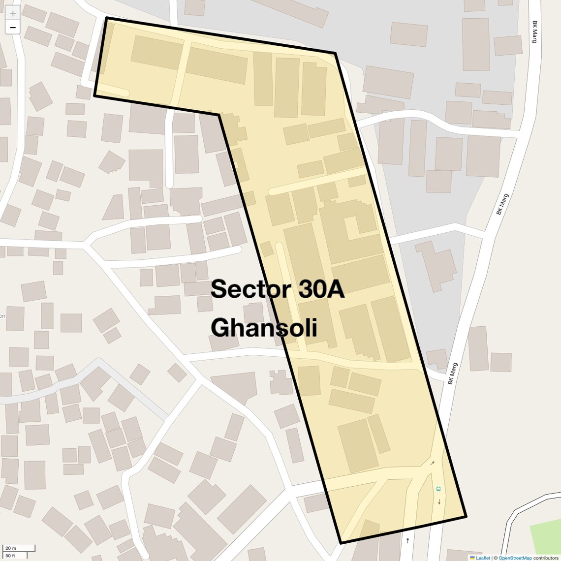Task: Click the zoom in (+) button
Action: click(13, 13)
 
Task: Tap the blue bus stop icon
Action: click(438, 489)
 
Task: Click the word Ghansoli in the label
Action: click(264, 328)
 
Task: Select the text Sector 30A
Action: click(277, 289)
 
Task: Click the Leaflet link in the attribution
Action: click(483, 558)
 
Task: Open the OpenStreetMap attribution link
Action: click(515, 558)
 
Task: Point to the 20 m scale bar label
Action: click(11, 548)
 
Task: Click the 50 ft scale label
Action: click(11, 556)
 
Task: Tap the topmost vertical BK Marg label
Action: click(534, 31)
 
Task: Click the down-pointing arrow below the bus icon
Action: click(439, 502)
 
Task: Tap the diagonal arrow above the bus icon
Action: click(433, 463)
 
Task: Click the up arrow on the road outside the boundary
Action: click(407, 540)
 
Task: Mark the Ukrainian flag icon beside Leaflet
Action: click(472, 558)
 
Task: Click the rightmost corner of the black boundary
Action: click(466, 516)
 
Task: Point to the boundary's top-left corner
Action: click(107, 18)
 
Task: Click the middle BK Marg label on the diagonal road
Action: click(502, 204)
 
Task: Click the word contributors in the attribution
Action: click(546, 558)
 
